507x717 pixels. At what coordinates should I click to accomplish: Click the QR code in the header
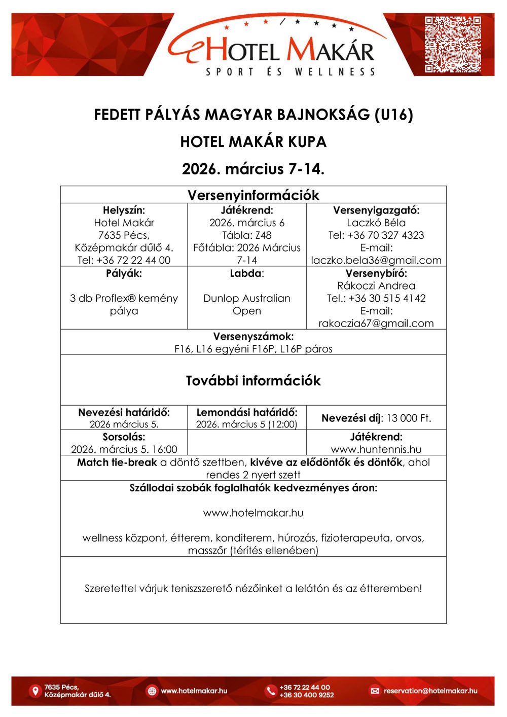click(452, 44)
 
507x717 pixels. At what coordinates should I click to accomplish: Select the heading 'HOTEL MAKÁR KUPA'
click(253, 141)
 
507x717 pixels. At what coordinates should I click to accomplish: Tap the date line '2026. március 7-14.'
click(253, 168)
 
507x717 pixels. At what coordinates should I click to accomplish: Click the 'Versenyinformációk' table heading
click(253, 195)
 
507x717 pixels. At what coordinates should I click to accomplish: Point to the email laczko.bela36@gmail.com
click(376, 260)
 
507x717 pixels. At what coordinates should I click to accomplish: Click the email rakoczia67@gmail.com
click(376, 324)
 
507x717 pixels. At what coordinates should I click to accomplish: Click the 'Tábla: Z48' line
click(247, 235)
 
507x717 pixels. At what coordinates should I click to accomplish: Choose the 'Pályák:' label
click(124, 273)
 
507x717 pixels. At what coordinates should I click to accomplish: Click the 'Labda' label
click(245, 273)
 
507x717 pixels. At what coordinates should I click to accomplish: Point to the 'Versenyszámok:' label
click(253, 336)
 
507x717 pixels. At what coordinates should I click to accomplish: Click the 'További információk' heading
click(253, 381)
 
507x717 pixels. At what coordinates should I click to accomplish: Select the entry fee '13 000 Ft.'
click(409, 418)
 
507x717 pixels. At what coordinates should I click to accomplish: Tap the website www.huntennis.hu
click(376, 449)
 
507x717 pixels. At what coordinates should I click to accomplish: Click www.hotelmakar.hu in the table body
click(253, 513)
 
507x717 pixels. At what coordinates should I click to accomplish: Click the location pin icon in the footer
click(35, 691)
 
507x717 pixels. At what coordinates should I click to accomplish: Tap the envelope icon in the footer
click(375, 691)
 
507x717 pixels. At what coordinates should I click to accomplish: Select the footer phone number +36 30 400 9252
click(307, 695)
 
